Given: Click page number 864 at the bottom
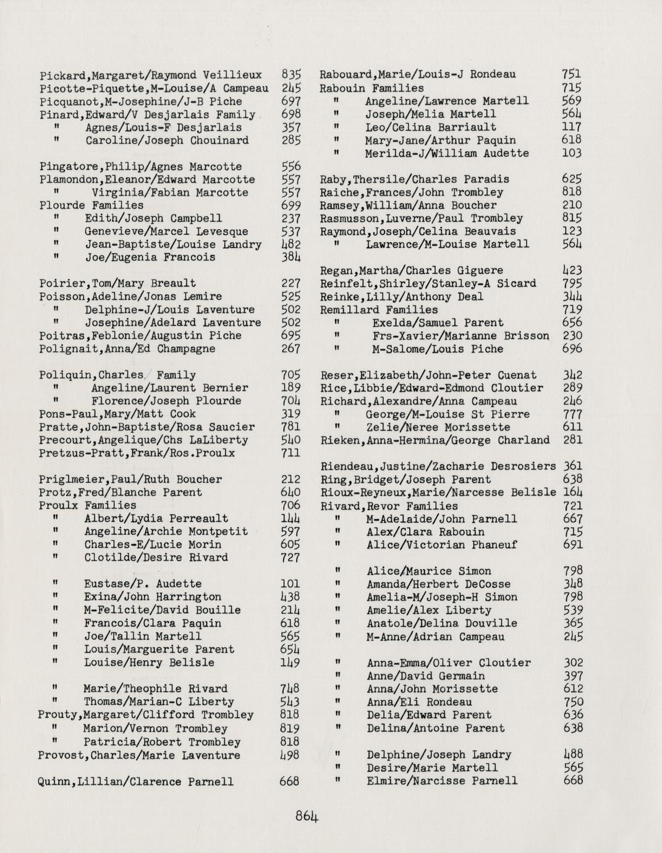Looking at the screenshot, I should click(307, 816).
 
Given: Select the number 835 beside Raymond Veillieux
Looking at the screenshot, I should click(291, 75).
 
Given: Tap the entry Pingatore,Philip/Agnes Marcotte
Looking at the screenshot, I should click(140, 166).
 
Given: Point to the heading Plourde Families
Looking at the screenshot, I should click(91, 205).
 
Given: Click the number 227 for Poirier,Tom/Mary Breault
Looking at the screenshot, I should click(291, 283).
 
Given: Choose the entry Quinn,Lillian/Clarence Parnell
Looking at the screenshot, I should click(136, 782).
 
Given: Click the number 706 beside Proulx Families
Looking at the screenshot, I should click(291, 505).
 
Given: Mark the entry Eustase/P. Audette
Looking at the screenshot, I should click(143, 584).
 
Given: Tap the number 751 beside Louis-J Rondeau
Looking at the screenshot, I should click(572, 75).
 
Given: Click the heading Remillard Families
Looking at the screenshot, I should click(379, 310).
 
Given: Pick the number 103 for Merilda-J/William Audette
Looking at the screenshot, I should click(572, 153).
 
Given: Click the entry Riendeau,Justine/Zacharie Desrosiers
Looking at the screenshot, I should click(438, 466).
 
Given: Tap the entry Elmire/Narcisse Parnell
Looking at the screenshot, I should click(442, 781).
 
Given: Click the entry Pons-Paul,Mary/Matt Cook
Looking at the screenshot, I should click(117, 414).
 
